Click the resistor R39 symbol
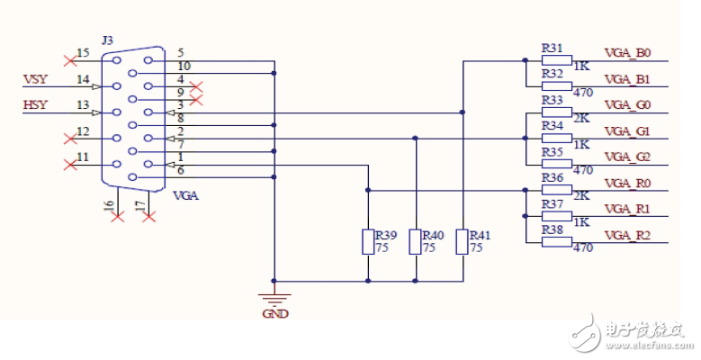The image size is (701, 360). (367, 242)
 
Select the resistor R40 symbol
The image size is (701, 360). (415, 242)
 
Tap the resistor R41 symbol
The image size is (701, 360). (463, 242)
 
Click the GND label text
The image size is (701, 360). (274, 315)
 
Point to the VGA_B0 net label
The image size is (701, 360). (626, 53)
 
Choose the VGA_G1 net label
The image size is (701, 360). (626, 131)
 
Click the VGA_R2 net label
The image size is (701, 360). (626, 235)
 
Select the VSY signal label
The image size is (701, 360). (33, 79)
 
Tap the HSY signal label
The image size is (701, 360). (33, 105)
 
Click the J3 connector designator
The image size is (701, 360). (108, 40)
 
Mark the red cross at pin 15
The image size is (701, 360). (70, 60)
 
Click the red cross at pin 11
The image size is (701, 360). (70, 164)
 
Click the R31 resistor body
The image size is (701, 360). (556, 61)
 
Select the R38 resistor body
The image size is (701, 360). (556, 243)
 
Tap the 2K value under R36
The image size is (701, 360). (582, 195)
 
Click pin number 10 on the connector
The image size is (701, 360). (184, 66)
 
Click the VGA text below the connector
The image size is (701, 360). (184, 195)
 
